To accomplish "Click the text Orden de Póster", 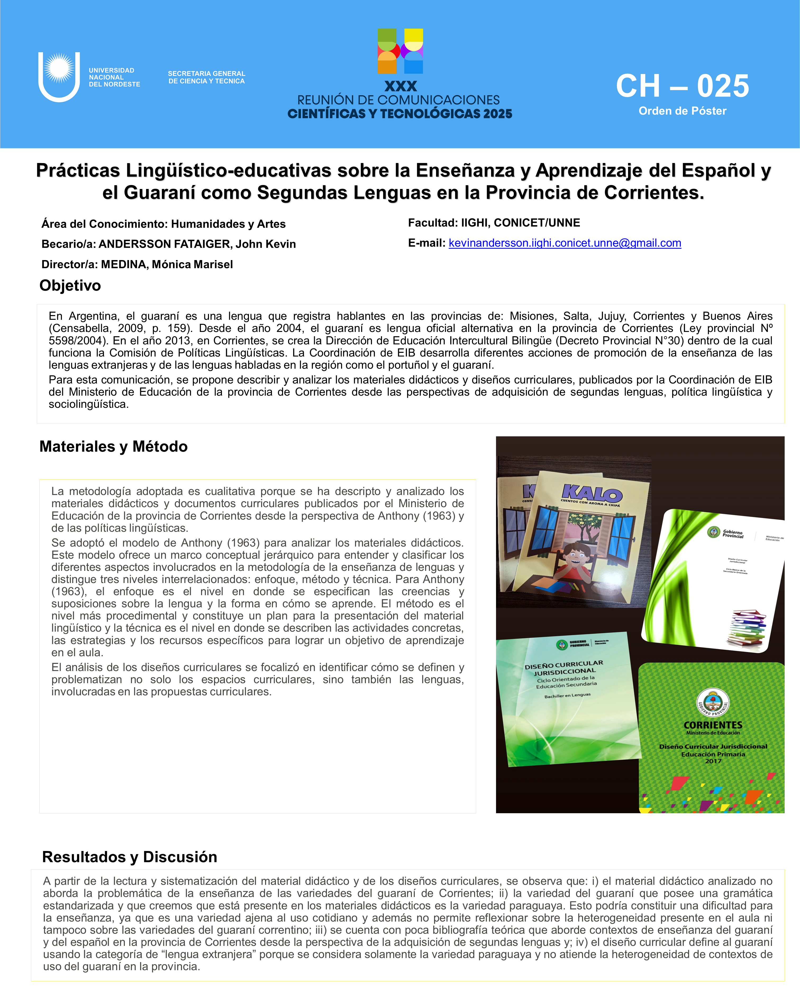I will pos(682,111).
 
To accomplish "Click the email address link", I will pos(564,243).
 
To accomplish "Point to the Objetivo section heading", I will pos(70,285).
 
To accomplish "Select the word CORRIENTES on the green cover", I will pos(713,725).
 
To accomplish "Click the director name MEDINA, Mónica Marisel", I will pos(167,265).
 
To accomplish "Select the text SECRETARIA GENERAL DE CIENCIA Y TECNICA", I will pos(206,77).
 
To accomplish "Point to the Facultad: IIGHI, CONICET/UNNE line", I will pos(494,223).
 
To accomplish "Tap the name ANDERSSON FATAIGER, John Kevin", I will pos(197,244).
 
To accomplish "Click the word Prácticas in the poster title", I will pos(78,170).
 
